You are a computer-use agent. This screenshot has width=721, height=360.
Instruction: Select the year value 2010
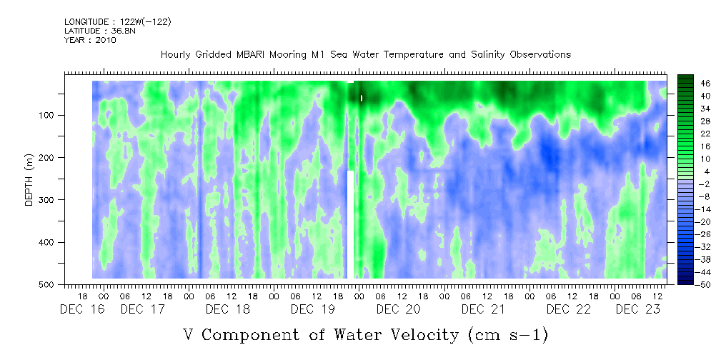[x=106, y=40]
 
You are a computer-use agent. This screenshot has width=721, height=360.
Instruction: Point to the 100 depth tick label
[x=49, y=115]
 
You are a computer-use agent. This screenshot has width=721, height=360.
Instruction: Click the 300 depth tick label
[x=49, y=199]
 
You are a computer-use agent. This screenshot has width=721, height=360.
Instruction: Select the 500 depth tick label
[x=49, y=284]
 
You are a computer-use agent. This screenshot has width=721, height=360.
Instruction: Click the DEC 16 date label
[x=82, y=309]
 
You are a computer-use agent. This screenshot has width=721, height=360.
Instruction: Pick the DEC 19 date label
[x=314, y=309]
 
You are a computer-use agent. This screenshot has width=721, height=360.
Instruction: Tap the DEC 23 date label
[x=638, y=309]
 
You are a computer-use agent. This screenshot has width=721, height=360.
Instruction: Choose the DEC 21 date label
[x=484, y=309]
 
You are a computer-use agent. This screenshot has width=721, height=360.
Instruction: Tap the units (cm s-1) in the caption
[x=508, y=335]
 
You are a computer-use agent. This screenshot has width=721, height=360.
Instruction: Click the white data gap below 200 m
[x=350, y=224]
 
